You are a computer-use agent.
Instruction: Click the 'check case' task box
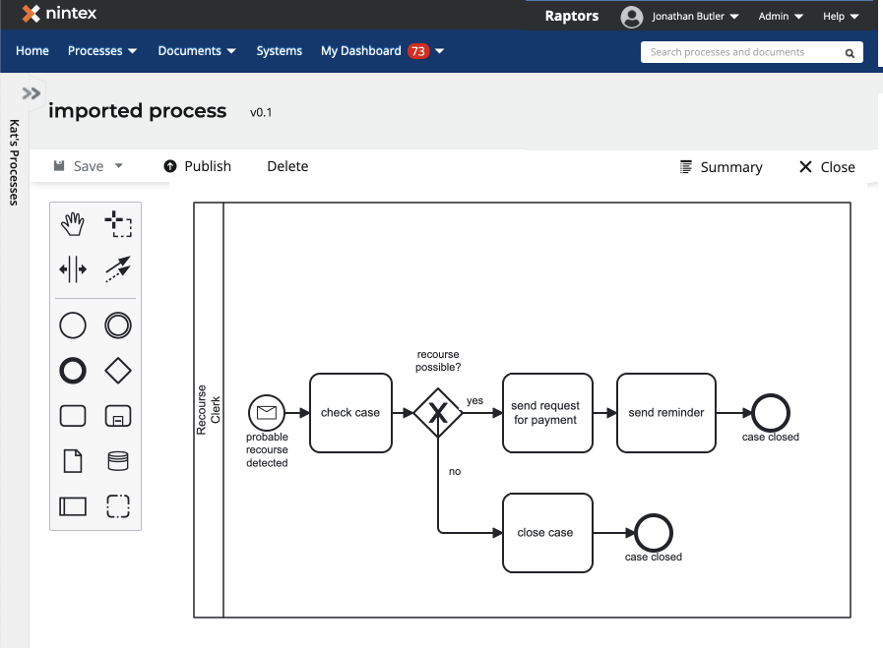(x=349, y=413)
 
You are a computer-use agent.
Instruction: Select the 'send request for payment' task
(x=547, y=413)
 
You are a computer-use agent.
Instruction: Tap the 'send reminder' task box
(x=665, y=413)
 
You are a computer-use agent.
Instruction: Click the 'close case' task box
(x=547, y=533)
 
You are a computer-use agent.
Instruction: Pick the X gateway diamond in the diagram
(x=438, y=413)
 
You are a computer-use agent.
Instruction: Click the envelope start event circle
(x=266, y=413)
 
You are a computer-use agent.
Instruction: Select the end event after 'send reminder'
(x=771, y=413)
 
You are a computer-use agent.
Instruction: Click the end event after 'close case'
(x=654, y=534)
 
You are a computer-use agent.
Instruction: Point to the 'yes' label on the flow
(x=474, y=401)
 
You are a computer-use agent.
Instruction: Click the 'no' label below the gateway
(x=455, y=472)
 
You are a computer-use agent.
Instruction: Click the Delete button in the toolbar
(x=287, y=166)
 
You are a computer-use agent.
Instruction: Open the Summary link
(x=722, y=167)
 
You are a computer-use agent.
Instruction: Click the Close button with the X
(x=827, y=167)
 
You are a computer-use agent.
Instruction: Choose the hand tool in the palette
(x=73, y=224)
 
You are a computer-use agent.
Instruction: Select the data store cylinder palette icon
(x=118, y=461)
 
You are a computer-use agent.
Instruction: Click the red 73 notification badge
(x=418, y=51)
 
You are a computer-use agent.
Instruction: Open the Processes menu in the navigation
(x=102, y=51)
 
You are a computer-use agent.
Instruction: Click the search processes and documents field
(x=743, y=52)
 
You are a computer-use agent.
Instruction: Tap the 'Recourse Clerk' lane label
(x=209, y=409)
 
